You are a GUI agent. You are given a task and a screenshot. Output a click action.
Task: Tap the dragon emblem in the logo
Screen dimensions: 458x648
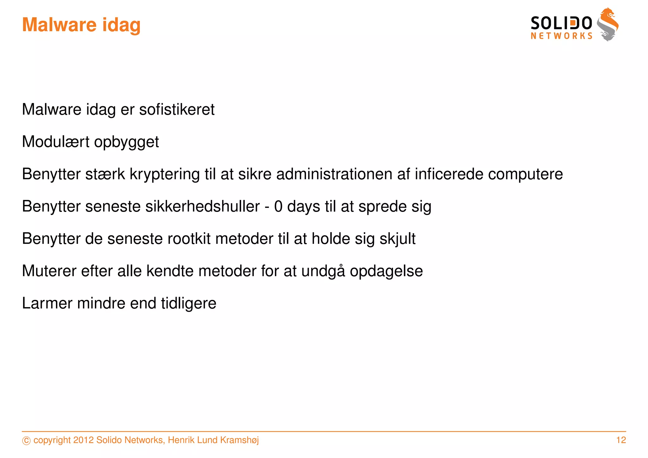point(608,25)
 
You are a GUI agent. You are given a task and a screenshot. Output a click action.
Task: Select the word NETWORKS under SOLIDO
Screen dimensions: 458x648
point(561,36)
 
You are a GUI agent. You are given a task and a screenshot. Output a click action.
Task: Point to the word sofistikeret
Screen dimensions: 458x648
point(177,109)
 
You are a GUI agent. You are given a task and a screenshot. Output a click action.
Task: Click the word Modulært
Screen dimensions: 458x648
point(56,142)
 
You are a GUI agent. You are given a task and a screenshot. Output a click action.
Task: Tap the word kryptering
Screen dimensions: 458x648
point(165,174)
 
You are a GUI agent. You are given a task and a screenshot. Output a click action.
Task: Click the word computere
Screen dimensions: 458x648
point(526,174)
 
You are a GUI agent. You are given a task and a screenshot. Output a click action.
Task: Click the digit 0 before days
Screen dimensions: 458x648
point(278,206)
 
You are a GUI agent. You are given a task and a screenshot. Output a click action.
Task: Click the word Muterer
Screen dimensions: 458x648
point(49,271)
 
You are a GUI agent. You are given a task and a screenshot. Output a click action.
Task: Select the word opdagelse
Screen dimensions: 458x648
point(386,271)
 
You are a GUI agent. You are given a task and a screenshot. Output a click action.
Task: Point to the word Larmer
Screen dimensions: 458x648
point(47,303)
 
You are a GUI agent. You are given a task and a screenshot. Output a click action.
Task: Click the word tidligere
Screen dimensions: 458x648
point(189,303)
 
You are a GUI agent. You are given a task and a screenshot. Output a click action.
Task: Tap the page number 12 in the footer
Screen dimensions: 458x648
point(621,440)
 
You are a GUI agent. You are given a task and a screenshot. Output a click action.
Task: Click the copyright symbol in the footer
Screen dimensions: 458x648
point(26,441)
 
